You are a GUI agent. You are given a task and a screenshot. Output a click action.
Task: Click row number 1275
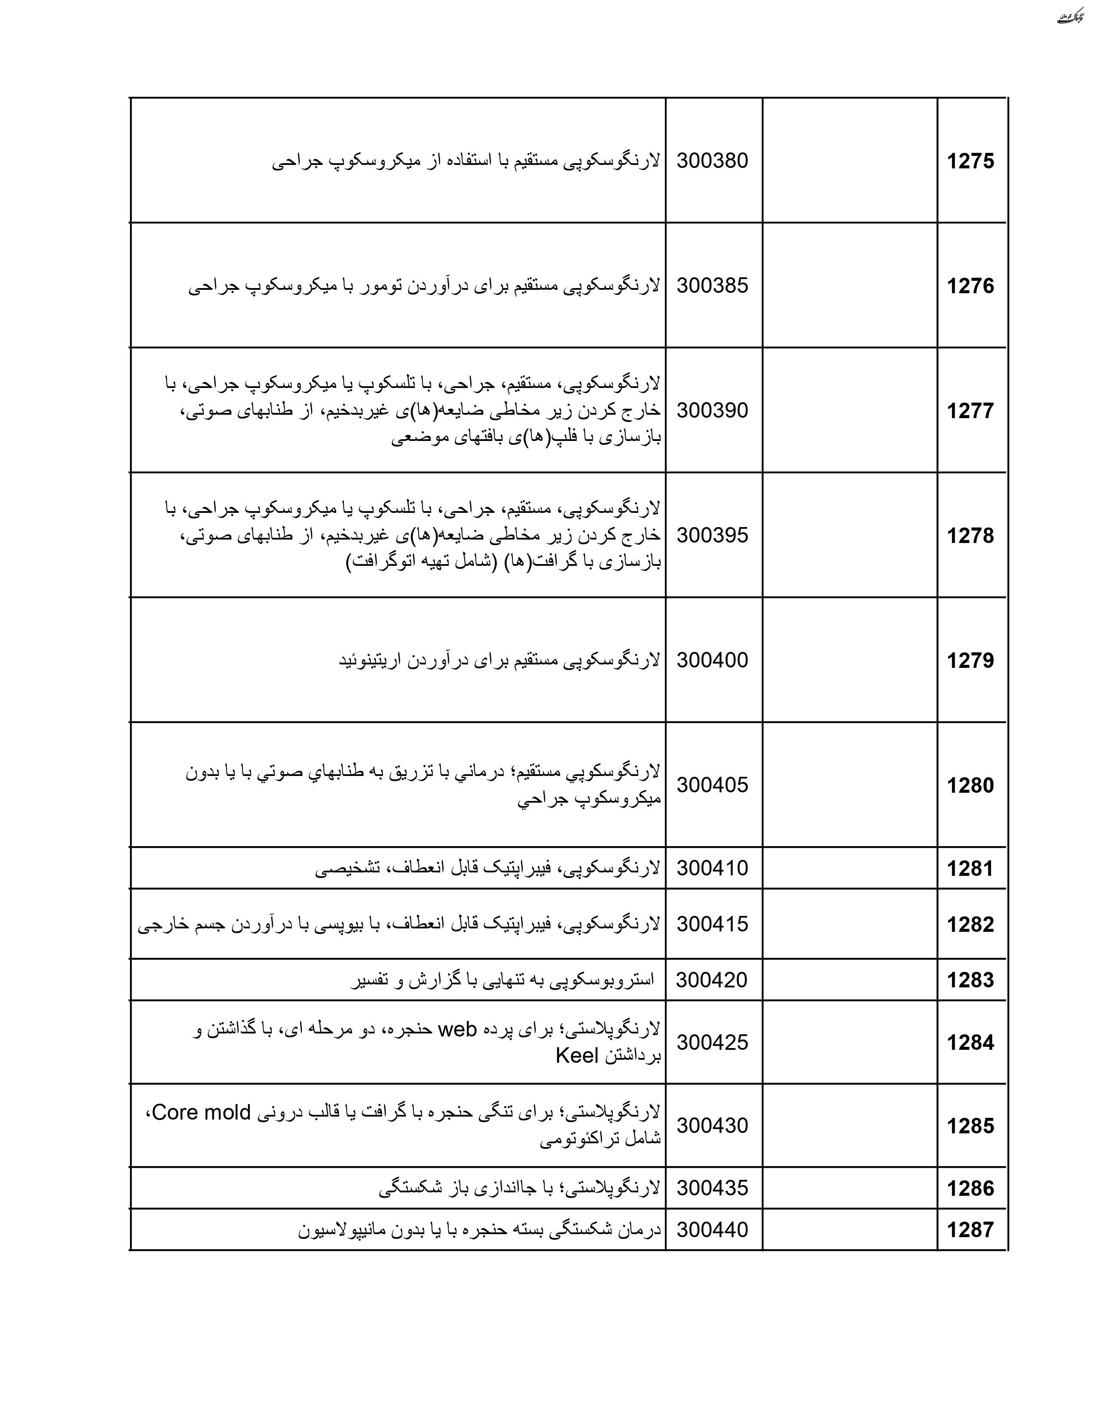[x=970, y=161]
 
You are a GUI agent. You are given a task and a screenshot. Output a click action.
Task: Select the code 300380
[x=712, y=160]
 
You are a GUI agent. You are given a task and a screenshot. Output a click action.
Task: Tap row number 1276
[x=970, y=285]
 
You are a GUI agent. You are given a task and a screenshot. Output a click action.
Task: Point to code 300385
[x=712, y=285]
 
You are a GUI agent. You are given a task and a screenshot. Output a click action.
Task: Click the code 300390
[x=712, y=410]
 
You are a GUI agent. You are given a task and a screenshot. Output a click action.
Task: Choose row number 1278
[x=970, y=536]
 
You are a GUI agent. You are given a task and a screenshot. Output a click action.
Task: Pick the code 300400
[x=712, y=660]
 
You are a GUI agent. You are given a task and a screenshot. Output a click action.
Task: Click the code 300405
[x=712, y=785]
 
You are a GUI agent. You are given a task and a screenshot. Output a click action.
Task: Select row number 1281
[x=970, y=869]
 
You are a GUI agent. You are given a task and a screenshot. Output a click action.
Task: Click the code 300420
[x=712, y=979]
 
